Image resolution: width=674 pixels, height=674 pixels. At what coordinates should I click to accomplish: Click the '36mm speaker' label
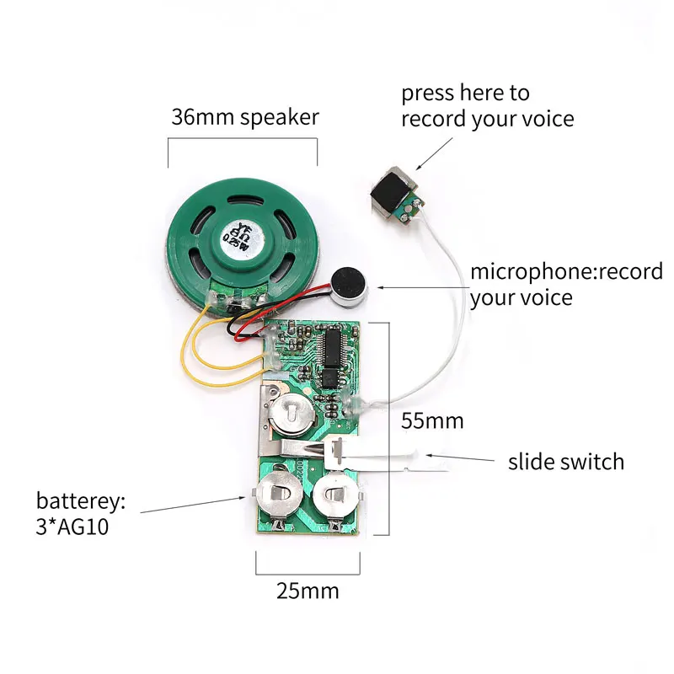[244, 116]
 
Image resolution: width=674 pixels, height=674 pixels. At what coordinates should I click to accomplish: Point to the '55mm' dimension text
[432, 420]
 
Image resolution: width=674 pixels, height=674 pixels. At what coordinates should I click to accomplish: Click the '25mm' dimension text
[308, 591]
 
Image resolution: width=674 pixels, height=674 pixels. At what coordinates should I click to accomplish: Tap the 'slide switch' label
[565, 462]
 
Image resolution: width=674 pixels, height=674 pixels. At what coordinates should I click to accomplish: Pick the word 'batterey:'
[80, 501]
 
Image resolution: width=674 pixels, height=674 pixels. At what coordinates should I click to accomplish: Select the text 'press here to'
[465, 93]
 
